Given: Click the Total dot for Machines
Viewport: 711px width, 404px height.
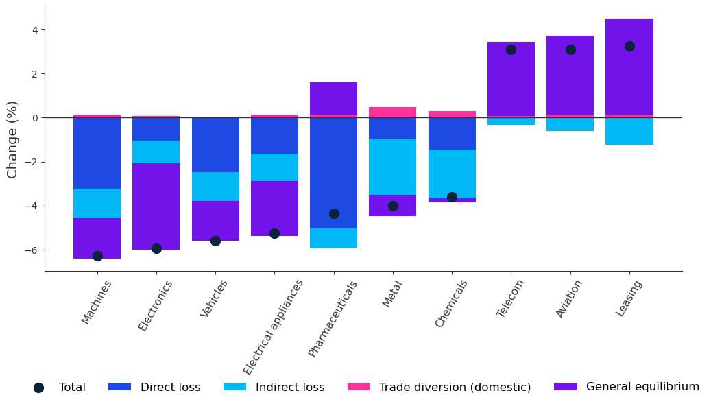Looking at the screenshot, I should [x=97, y=256].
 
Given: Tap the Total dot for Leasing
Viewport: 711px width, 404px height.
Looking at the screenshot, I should [x=629, y=47].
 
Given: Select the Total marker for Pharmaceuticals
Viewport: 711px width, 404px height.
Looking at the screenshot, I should [x=334, y=213].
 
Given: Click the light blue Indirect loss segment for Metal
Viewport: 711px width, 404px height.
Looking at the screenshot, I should [x=393, y=167].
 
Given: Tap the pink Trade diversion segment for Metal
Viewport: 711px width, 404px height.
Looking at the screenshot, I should [x=393, y=112].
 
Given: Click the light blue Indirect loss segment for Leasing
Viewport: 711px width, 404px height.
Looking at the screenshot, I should [x=629, y=131].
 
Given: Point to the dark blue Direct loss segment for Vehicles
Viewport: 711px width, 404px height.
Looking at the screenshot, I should [x=215, y=145].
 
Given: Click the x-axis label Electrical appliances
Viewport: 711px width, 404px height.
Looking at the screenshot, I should [x=273, y=326].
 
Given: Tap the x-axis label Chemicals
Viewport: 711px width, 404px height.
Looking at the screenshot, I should [x=451, y=304].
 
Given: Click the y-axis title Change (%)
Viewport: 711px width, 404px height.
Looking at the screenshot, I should [x=12, y=139].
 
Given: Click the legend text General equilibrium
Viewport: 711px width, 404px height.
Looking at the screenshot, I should [x=642, y=387].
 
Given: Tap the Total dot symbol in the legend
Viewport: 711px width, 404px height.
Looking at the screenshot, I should [x=38, y=388].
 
